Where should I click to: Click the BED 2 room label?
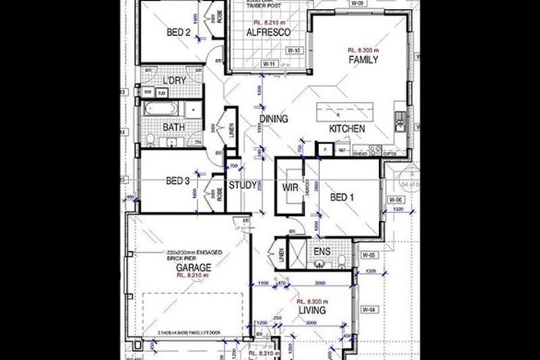tap(178, 33)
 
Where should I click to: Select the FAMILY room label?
tap(362, 60)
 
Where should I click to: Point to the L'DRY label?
tap(173, 81)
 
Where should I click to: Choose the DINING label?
tap(274, 119)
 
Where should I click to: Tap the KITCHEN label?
tap(346, 129)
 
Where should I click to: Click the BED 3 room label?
tap(178, 181)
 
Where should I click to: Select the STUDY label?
tap(243, 185)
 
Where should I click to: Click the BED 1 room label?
tap(343, 198)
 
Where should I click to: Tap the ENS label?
tap(322, 253)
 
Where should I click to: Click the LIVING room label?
tap(313, 312)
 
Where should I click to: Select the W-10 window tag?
tap(293, 51)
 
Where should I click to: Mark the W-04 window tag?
tap(369, 309)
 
